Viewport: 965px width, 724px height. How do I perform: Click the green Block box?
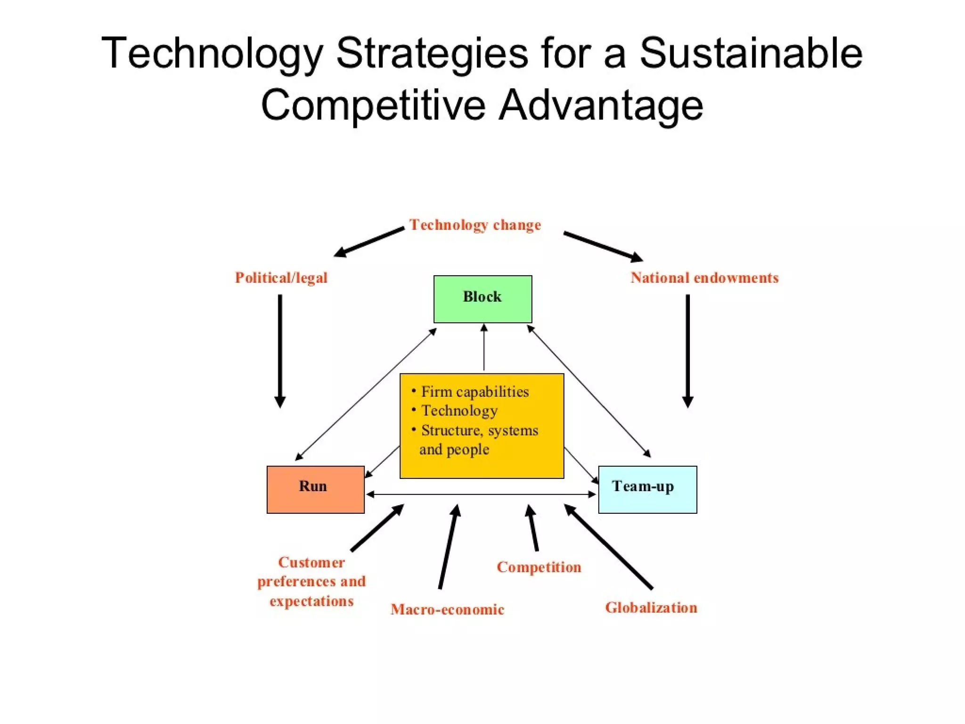[x=482, y=299]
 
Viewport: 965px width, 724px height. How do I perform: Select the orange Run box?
[x=315, y=489]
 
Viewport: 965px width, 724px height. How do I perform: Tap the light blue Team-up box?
[x=647, y=489]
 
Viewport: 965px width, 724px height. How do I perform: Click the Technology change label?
[x=475, y=225]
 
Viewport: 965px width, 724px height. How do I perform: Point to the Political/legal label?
[x=281, y=278]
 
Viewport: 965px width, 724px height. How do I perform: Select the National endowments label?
[x=704, y=278]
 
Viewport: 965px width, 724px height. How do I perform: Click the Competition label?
[x=539, y=567]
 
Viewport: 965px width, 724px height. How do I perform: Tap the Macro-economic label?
[x=447, y=609]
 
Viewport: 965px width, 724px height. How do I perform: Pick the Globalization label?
[x=651, y=608]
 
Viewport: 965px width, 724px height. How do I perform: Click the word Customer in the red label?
[x=311, y=562]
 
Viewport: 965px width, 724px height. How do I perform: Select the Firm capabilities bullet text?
[x=474, y=392]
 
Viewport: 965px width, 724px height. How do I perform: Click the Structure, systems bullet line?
[x=479, y=430]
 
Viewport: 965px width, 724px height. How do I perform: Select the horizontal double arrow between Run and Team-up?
[x=481, y=494]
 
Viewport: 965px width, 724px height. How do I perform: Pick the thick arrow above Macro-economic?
[x=448, y=547]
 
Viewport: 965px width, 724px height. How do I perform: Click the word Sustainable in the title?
[x=751, y=53]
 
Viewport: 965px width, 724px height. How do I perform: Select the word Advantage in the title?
[x=601, y=105]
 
